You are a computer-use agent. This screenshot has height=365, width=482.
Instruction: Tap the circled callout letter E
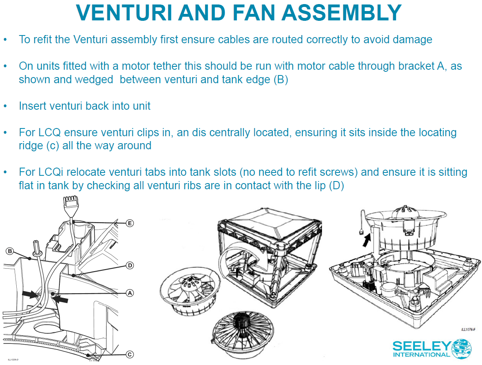129,223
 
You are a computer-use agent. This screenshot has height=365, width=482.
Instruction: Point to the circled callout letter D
129,265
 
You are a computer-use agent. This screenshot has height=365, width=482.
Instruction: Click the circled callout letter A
129,292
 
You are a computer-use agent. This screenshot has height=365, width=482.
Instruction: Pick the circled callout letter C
129,354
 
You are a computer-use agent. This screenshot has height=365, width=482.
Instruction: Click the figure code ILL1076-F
469,329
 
